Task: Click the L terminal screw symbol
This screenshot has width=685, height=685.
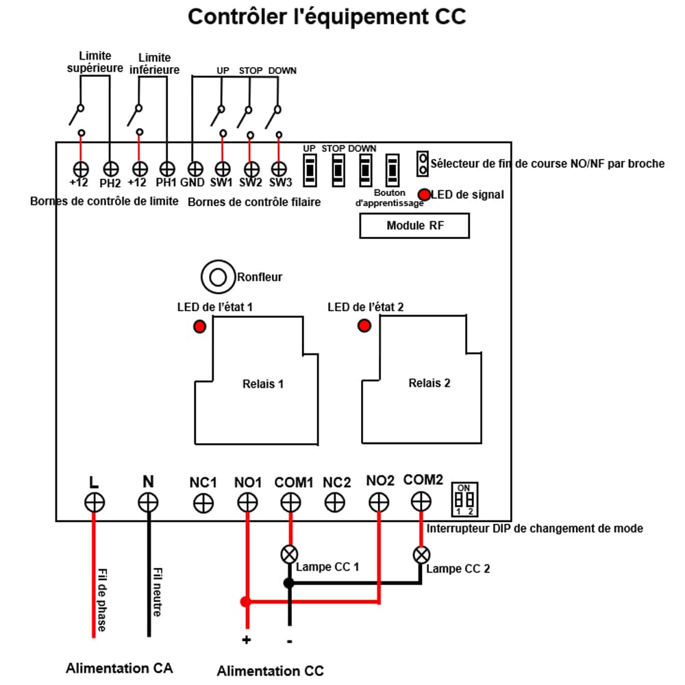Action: [95, 502]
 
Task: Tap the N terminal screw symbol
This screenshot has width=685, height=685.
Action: [148, 503]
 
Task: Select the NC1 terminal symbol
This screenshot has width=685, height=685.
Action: [202, 503]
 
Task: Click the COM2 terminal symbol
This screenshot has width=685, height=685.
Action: [421, 501]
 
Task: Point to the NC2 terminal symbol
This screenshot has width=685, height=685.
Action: [335, 503]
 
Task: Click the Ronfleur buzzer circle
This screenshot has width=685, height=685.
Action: [218, 277]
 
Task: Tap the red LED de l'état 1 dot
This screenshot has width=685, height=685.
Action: [199, 327]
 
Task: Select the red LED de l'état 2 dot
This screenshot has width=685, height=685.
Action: [364, 325]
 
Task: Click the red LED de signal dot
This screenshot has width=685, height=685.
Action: [425, 195]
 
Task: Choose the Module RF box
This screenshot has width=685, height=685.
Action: [414, 225]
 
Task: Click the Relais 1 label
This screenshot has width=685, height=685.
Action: [263, 384]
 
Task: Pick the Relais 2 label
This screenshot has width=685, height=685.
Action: [429, 383]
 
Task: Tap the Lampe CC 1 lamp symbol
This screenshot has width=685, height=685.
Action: [290, 553]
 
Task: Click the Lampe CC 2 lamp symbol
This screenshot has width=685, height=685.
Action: [421, 553]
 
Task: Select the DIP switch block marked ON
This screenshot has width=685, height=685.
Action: [465, 499]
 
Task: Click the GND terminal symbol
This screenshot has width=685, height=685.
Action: [195, 168]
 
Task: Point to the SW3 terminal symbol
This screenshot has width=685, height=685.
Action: [279, 169]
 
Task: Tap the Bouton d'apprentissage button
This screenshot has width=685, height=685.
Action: [393, 168]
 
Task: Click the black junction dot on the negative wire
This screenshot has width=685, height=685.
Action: [289, 582]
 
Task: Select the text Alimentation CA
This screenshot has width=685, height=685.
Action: [119, 668]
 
